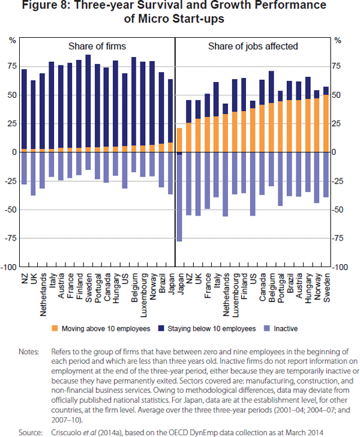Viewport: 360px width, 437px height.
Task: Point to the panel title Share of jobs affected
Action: (253, 46)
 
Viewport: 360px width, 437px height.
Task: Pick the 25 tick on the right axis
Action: (338, 124)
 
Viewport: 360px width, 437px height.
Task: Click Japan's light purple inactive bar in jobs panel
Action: (179, 198)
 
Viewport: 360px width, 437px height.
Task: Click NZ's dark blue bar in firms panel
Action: (24, 109)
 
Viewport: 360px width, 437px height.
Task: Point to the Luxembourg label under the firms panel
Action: (144, 291)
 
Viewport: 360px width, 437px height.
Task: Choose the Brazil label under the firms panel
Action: (161, 283)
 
